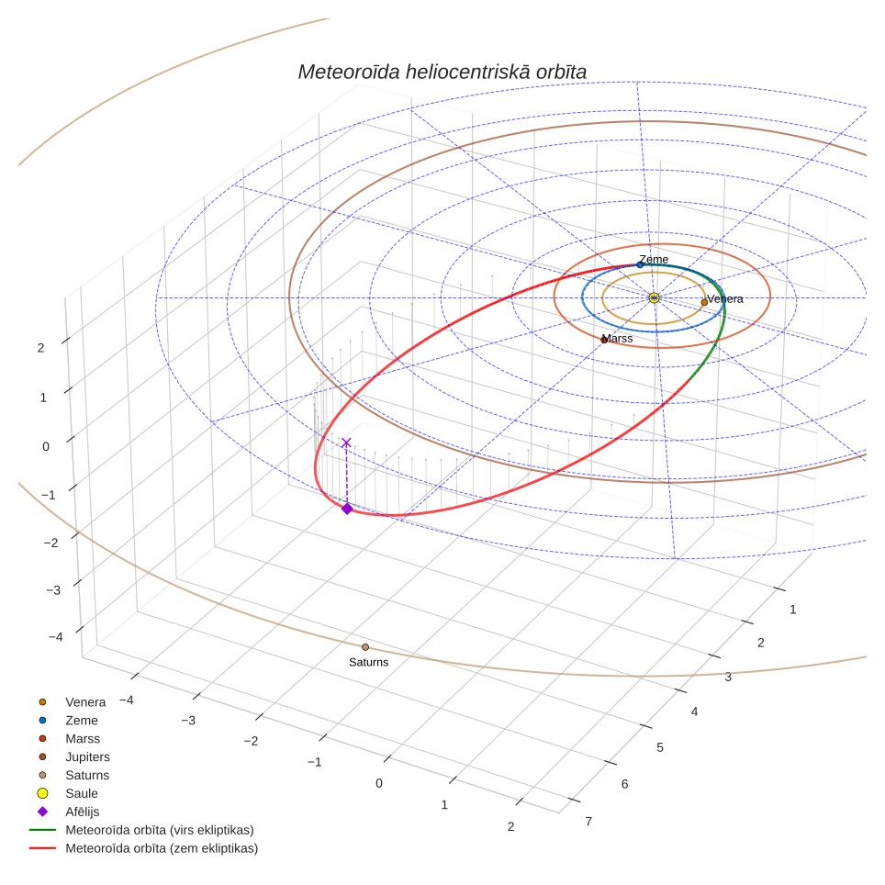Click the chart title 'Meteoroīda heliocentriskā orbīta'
[x=442, y=72]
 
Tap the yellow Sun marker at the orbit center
[x=655, y=297]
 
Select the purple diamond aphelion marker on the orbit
[x=347, y=509]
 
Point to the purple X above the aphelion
[x=346, y=442]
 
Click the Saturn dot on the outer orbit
[x=365, y=647]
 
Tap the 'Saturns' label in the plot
[x=368, y=662]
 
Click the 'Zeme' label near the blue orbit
[x=655, y=259]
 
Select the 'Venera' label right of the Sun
[x=725, y=298]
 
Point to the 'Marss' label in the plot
[x=618, y=338]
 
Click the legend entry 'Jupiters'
[x=87, y=756]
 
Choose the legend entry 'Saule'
[x=82, y=793]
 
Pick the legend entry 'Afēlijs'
[x=83, y=812]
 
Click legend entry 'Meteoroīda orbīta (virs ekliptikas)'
[x=160, y=830]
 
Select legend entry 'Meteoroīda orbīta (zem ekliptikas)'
[x=162, y=848]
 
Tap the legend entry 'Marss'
[x=83, y=739]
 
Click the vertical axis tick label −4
[x=56, y=636]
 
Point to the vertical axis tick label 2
[x=40, y=348]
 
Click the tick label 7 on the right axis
[x=588, y=822]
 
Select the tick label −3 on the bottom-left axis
[x=188, y=720]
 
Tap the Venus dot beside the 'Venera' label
[x=704, y=303]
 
